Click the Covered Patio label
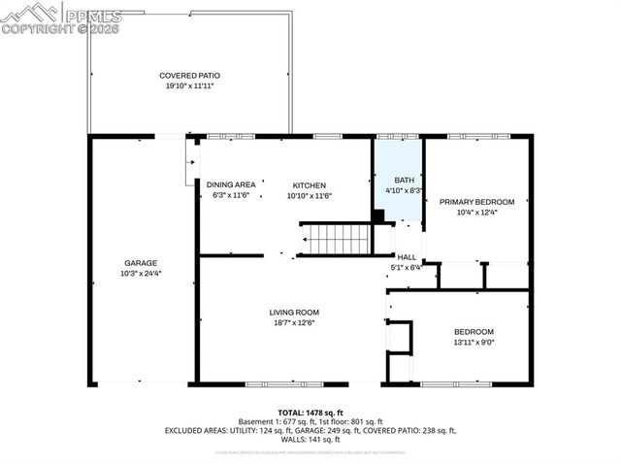point(189,75)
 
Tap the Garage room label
point(140,263)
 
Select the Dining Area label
point(231,184)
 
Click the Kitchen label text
point(310,184)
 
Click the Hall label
point(407,257)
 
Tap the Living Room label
point(294,312)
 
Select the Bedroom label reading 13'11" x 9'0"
point(474,331)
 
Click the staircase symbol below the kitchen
point(335,238)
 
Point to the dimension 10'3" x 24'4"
point(140,274)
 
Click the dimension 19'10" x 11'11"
point(189,85)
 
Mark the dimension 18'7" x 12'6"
point(294,322)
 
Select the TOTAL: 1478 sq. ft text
point(310,413)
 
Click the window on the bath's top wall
point(396,137)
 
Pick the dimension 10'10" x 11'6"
point(310,195)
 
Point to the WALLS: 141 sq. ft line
point(310,438)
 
